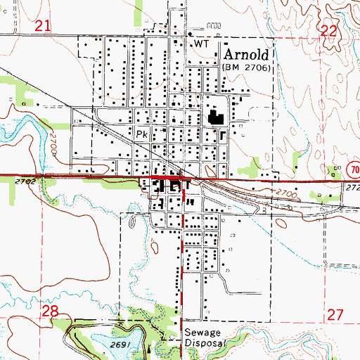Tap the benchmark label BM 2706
pos(250,67)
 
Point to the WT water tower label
pos(202,44)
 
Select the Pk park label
pos(141,132)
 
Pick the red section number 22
pos(328,30)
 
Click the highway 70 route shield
pos(352,169)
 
